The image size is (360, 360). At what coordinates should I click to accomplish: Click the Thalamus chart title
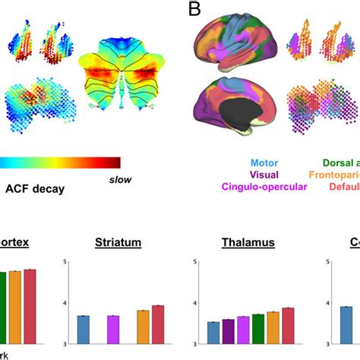[248, 244]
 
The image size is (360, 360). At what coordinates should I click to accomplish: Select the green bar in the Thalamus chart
[259, 329]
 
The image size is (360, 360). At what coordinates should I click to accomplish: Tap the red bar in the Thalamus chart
[289, 326]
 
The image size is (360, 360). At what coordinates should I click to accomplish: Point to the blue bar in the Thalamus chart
[214, 333]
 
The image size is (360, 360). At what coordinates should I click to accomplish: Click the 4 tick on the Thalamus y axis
[197, 303]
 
